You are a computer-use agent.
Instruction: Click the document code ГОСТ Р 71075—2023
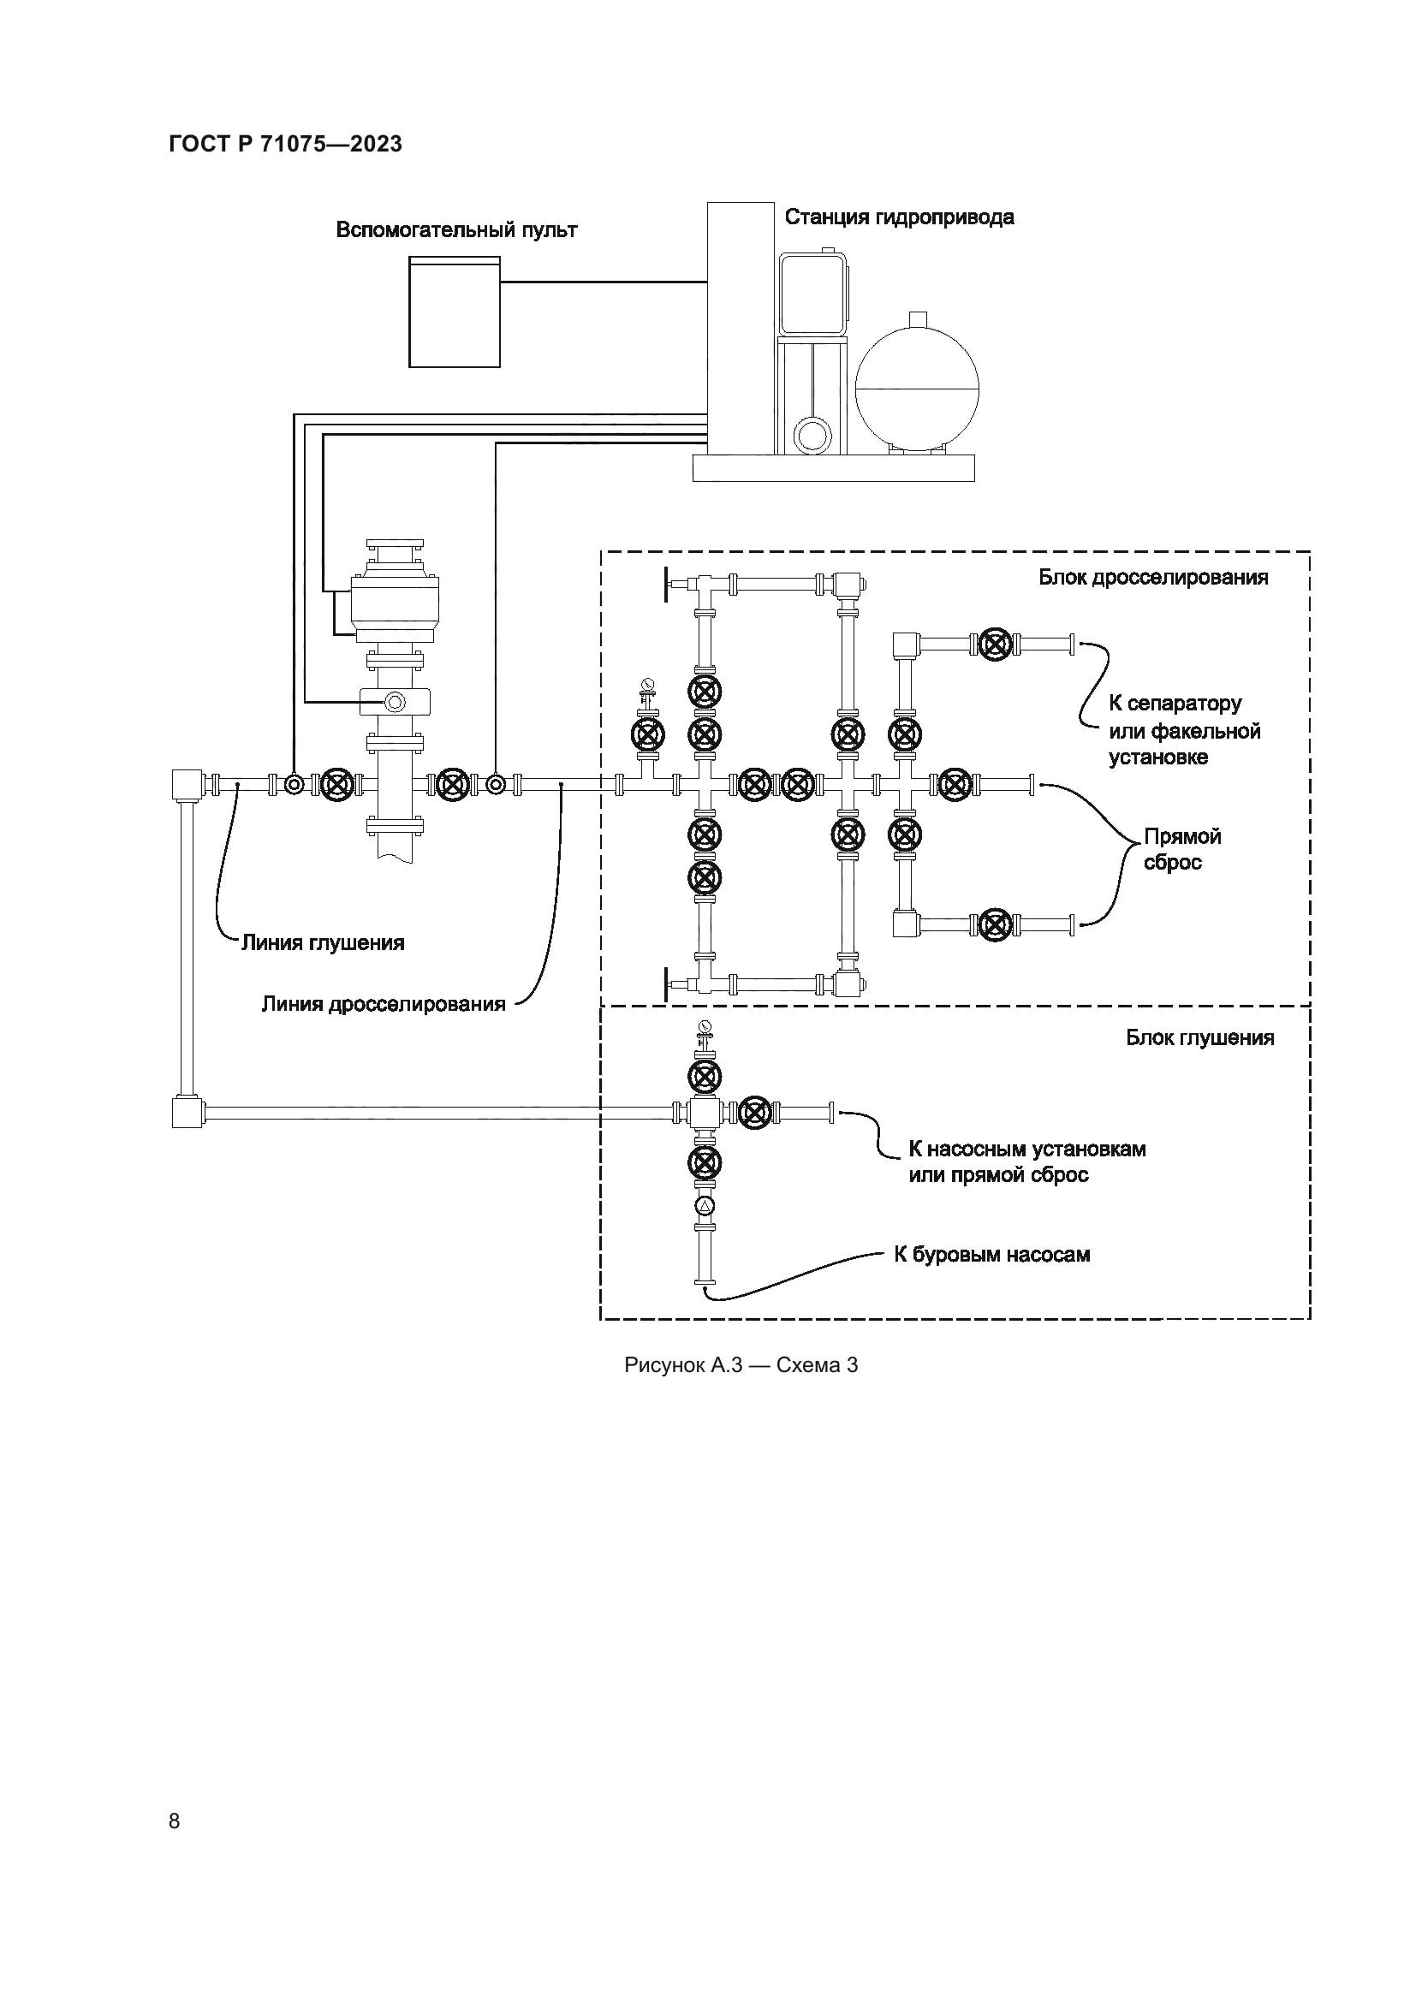(x=285, y=144)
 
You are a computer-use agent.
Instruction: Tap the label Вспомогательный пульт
(x=456, y=230)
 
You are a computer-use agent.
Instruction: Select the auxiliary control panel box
(x=455, y=312)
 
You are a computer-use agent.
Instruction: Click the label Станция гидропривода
(x=899, y=217)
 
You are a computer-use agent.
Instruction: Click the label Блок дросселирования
(x=1152, y=577)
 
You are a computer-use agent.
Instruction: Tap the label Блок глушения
(x=1199, y=1037)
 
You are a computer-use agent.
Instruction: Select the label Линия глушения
(x=323, y=942)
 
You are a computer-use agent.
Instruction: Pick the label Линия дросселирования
(x=384, y=1004)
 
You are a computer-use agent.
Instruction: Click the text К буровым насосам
(x=992, y=1255)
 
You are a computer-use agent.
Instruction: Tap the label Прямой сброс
(x=1181, y=849)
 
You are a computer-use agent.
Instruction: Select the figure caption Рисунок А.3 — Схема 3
(x=741, y=1365)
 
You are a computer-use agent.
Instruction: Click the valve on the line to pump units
(x=756, y=1113)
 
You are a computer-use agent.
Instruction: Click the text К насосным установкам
(x=1027, y=1149)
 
